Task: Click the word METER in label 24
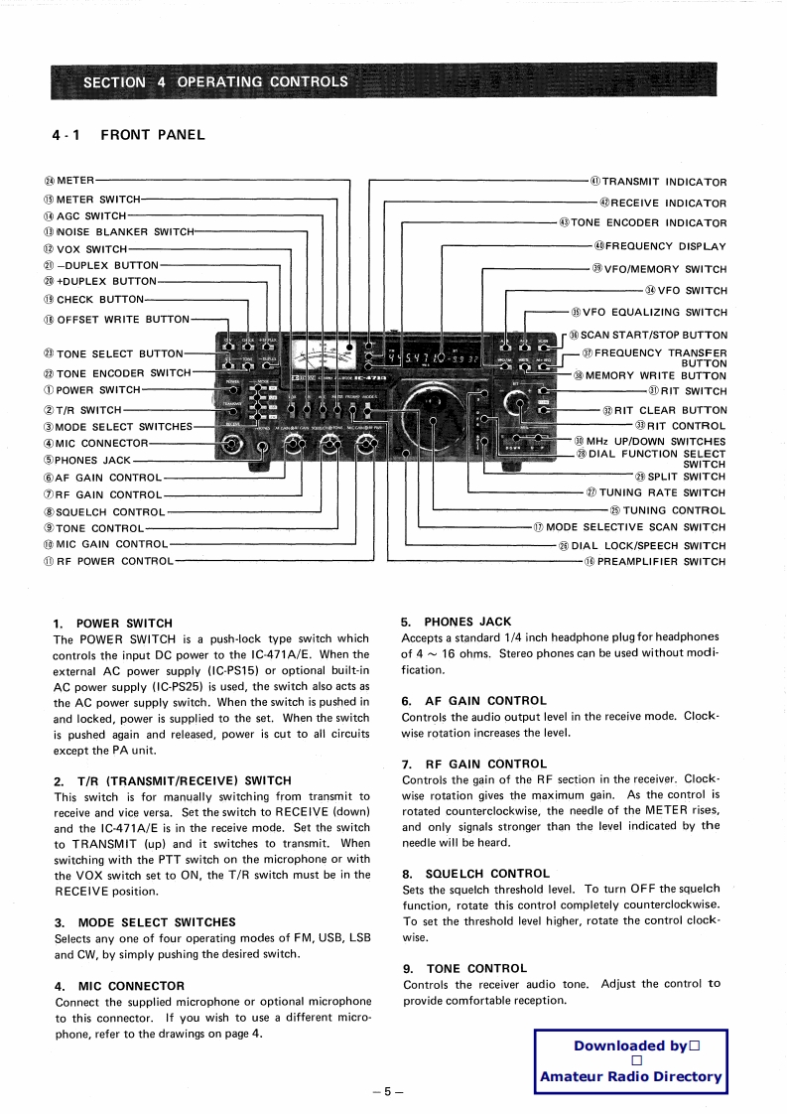pos(74,180)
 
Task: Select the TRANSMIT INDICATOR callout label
pos(664,182)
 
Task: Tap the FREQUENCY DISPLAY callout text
pos(665,246)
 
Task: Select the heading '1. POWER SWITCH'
pos(113,624)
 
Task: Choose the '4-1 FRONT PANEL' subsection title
pos(129,135)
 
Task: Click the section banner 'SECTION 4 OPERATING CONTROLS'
pos(215,81)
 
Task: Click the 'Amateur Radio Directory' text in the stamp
pos(631,1076)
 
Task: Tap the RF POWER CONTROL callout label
pos(114,562)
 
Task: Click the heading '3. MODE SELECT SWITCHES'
pos(145,922)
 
